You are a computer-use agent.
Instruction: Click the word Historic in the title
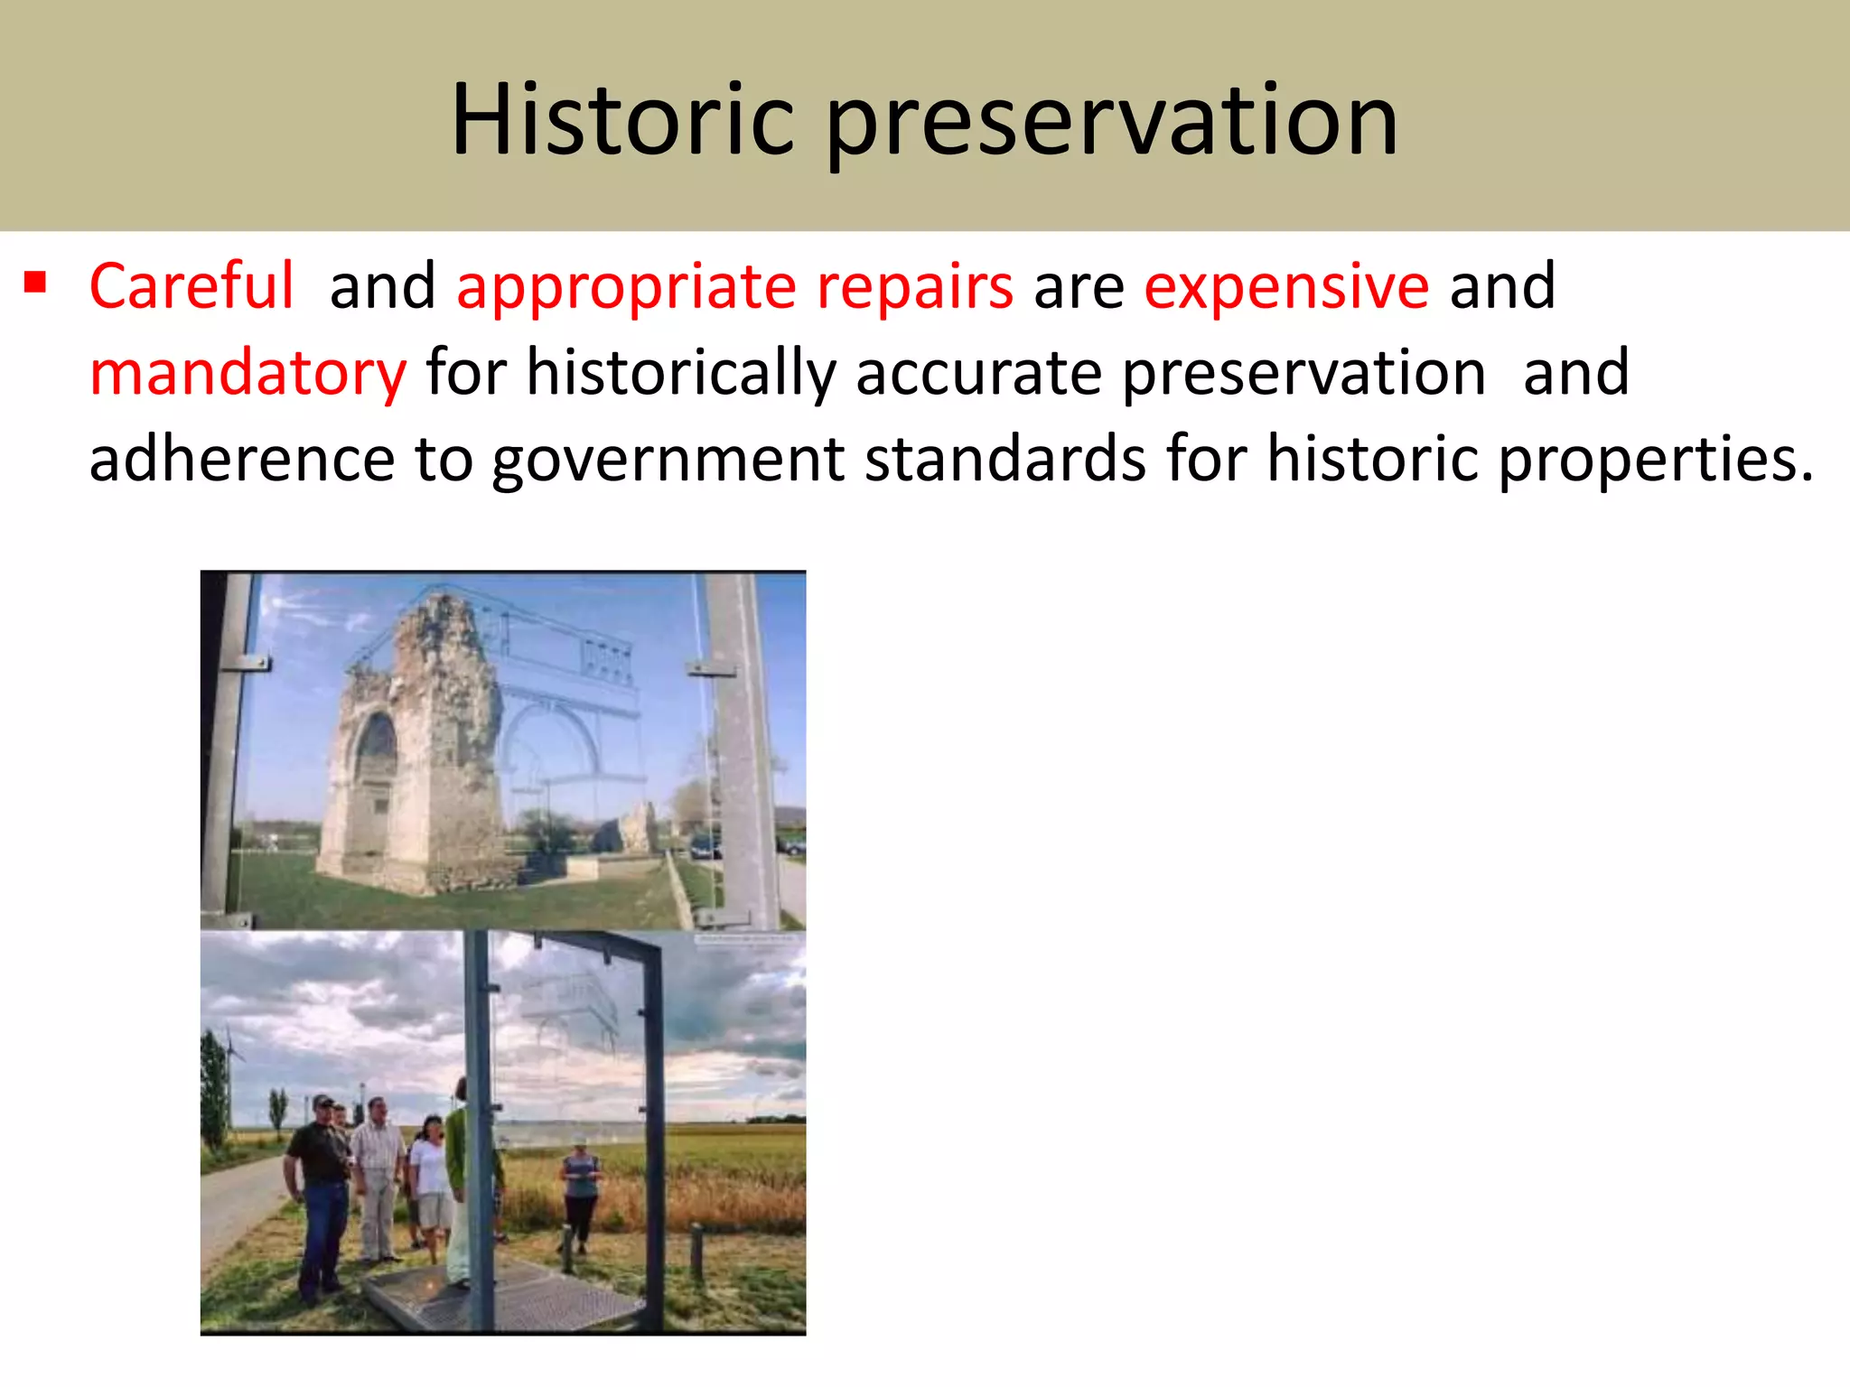(622, 120)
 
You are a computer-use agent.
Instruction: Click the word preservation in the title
(1112, 122)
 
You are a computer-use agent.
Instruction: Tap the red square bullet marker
(35, 284)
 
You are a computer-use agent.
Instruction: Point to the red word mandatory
(248, 374)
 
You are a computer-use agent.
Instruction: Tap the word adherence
(241, 459)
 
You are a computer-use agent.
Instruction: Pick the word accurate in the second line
(978, 374)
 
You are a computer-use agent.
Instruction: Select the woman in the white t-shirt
(431, 1183)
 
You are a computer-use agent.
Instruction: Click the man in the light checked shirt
(378, 1174)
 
